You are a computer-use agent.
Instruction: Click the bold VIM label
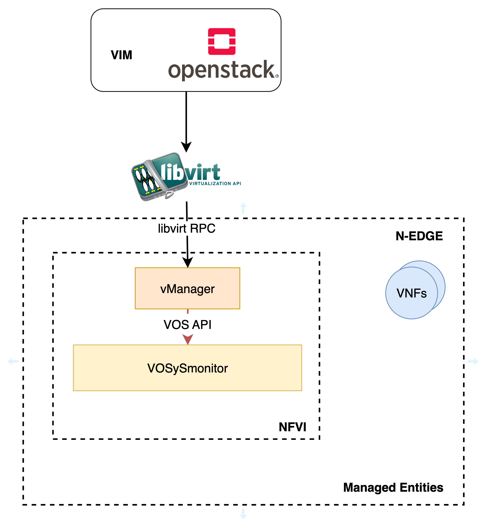pyautogui.click(x=121, y=55)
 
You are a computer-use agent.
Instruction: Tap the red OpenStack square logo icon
pyautogui.click(x=221, y=41)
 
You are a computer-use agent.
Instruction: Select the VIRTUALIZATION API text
pyautogui.click(x=215, y=184)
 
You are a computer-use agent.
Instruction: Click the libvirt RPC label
pyautogui.click(x=187, y=228)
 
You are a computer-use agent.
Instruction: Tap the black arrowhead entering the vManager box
pyautogui.click(x=188, y=262)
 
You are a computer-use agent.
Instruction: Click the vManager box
pyautogui.click(x=187, y=288)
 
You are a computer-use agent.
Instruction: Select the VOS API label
pyautogui.click(x=187, y=325)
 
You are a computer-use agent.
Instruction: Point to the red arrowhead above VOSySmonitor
pyautogui.click(x=188, y=339)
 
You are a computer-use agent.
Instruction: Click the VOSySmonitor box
pyautogui.click(x=187, y=368)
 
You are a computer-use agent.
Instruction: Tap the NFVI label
pyautogui.click(x=292, y=427)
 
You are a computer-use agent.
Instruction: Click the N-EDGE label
pyautogui.click(x=419, y=236)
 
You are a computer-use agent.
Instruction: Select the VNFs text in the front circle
pyautogui.click(x=411, y=293)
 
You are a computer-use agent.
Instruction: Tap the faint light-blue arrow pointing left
pyautogui.click(x=13, y=362)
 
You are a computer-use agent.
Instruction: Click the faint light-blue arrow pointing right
pyautogui.click(x=473, y=362)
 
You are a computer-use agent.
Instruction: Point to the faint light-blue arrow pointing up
pyautogui.click(x=243, y=208)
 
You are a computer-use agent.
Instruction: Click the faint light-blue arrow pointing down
pyautogui.click(x=243, y=513)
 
